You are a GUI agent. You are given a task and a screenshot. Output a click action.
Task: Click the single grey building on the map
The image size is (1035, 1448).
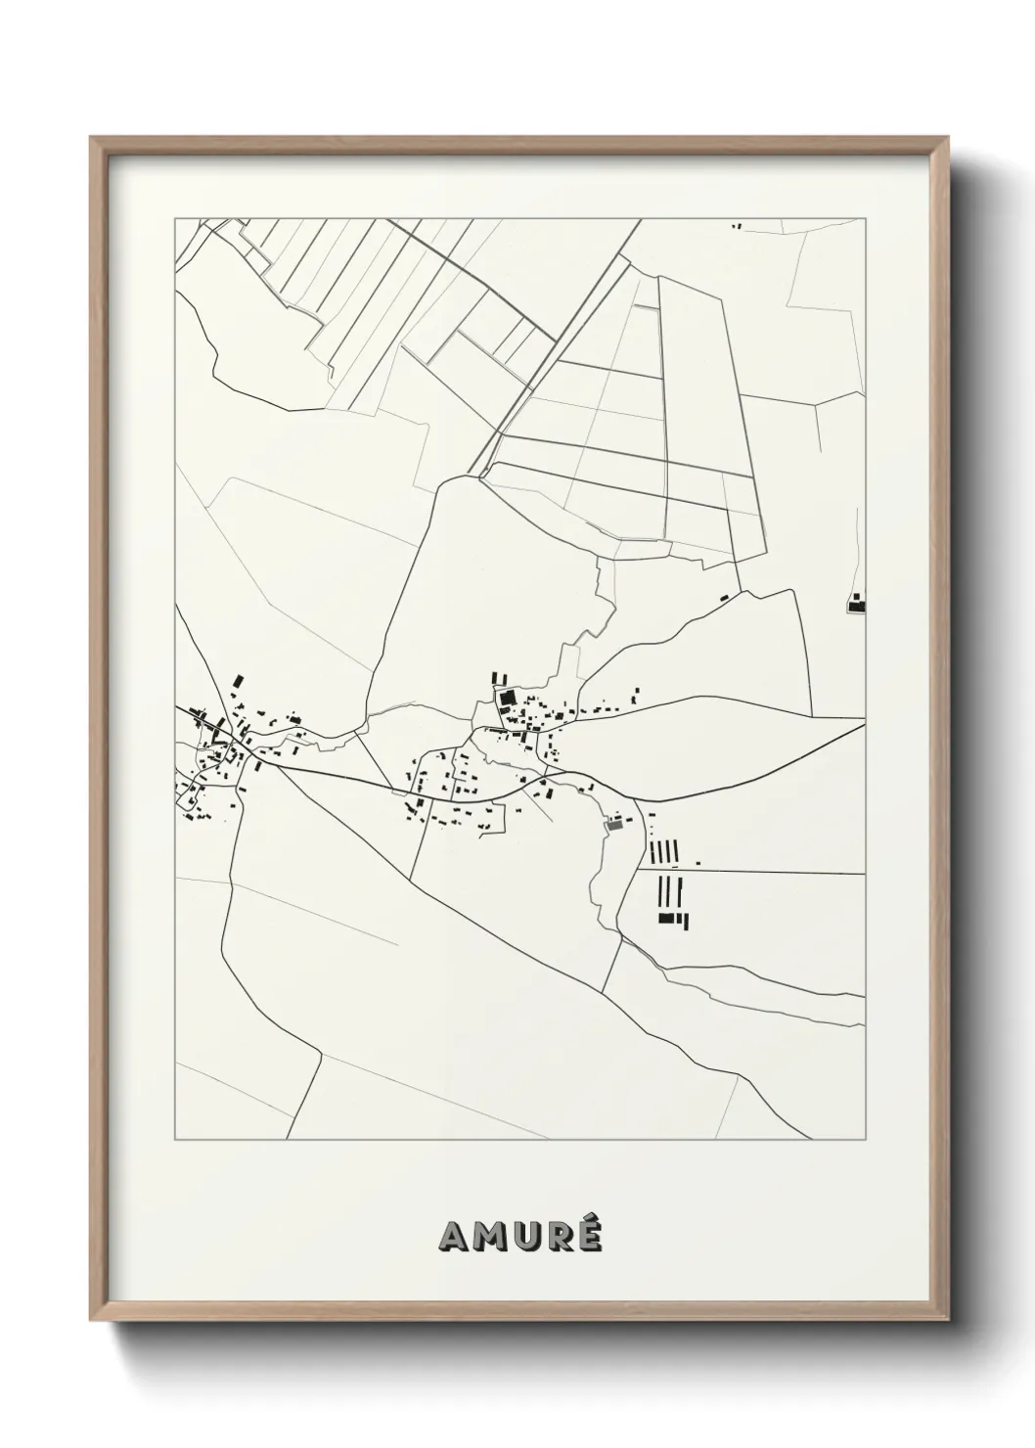tap(614, 826)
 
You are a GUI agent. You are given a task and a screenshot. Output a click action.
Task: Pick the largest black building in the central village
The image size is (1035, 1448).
tap(507, 699)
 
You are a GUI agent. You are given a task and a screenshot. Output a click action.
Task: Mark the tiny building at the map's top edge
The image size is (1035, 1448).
tap(738, 226)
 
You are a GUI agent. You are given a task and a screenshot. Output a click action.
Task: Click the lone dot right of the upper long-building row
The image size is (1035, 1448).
tap(698, 862)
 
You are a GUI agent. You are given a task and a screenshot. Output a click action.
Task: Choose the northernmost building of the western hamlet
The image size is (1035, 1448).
tap(238, 680)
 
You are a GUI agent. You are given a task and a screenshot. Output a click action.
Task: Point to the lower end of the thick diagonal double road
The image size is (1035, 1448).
tap(482, 475)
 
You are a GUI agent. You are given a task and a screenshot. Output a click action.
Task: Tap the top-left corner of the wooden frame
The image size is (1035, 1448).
tap(92, 138)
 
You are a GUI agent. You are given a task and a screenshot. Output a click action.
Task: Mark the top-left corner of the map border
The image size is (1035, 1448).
tap(175, 219)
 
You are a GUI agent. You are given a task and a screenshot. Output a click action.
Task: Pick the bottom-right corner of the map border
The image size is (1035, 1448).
tap(866, 1140)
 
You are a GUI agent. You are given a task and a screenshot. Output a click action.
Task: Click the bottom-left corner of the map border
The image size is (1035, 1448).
tap(175, 1140)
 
